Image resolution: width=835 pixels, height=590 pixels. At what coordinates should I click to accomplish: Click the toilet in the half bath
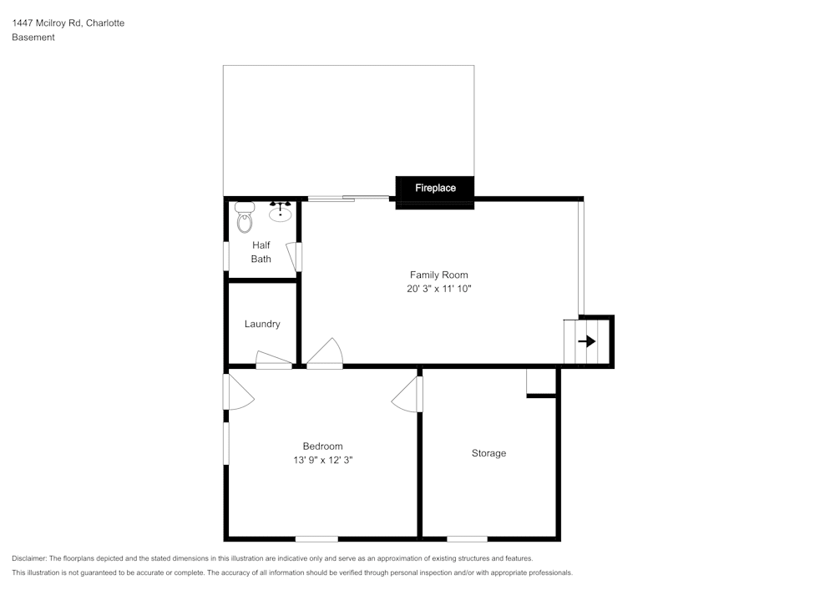point(244,218)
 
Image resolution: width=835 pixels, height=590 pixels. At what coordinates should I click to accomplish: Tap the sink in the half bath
point(280,213)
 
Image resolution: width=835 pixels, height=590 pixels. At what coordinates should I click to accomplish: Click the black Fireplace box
point(435,189)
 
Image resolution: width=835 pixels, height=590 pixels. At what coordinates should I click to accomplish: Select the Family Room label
point(438,275)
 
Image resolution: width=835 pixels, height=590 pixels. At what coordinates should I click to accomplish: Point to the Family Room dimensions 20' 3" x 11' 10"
point(438,289)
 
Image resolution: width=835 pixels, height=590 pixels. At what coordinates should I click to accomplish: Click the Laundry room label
point(262,324)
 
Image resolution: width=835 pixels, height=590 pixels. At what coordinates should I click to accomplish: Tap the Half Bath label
point(261,252)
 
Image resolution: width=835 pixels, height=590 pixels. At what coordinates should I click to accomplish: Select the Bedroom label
point(322,446)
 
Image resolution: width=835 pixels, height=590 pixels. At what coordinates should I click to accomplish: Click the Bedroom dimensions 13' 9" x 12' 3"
point(322,460)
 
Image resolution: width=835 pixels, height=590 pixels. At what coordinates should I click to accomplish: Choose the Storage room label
point(488,453)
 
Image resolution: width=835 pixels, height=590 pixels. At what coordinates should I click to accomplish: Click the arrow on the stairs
point(587,341)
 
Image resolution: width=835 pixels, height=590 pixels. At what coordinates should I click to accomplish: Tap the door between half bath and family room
point(293,256)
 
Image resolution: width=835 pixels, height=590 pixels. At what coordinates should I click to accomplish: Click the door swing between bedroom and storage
point(408,394)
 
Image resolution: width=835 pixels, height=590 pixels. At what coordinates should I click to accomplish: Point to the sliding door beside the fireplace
point(348,198)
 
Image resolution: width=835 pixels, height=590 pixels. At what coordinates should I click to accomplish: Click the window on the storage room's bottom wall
point(467,538)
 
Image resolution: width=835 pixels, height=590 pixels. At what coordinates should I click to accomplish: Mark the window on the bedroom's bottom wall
point(316,538)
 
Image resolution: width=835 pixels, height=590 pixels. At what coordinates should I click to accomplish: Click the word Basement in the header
point(33,38)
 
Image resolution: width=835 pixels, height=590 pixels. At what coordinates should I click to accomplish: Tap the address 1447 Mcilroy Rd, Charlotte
point(68,23)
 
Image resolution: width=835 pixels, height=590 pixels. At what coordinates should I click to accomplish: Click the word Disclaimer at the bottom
point(29,558)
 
